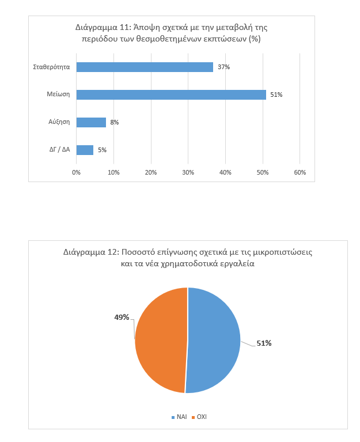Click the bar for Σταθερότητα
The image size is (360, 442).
[145, 67]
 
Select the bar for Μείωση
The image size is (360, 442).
[171, 95]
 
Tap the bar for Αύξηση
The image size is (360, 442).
[91, 122]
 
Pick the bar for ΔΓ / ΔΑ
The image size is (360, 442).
[85, 150]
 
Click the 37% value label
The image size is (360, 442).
[223, 67]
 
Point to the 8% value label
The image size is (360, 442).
[115, 122]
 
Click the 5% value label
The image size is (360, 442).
[102, 150]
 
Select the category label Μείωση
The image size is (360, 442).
[58, 95]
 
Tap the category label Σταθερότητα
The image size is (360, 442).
[52, 67]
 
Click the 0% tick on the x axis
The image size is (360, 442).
[77, 172]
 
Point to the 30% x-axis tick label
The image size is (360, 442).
[188, 172]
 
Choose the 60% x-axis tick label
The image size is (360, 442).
[300, 172]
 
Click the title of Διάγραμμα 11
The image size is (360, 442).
[172, 33]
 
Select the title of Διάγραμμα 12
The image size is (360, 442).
[188, 258]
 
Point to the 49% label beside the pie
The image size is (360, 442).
[122, 317]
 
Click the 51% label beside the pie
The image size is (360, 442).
[264, 343]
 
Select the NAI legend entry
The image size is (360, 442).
[179, 417]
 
